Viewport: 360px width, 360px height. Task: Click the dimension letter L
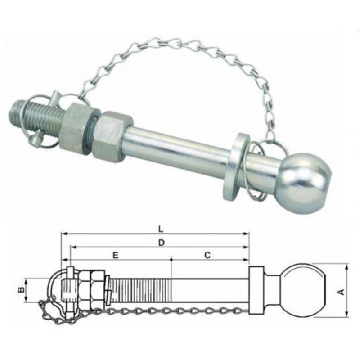(161, 229)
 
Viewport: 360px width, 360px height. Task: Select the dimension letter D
(162, 243)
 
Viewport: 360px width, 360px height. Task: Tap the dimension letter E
(116, 255)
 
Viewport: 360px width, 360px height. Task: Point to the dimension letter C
(207, 255)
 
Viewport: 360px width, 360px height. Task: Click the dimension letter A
(342, 292)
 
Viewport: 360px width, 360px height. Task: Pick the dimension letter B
(21, 290)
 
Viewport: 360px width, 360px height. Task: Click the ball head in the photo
(303, 183)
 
